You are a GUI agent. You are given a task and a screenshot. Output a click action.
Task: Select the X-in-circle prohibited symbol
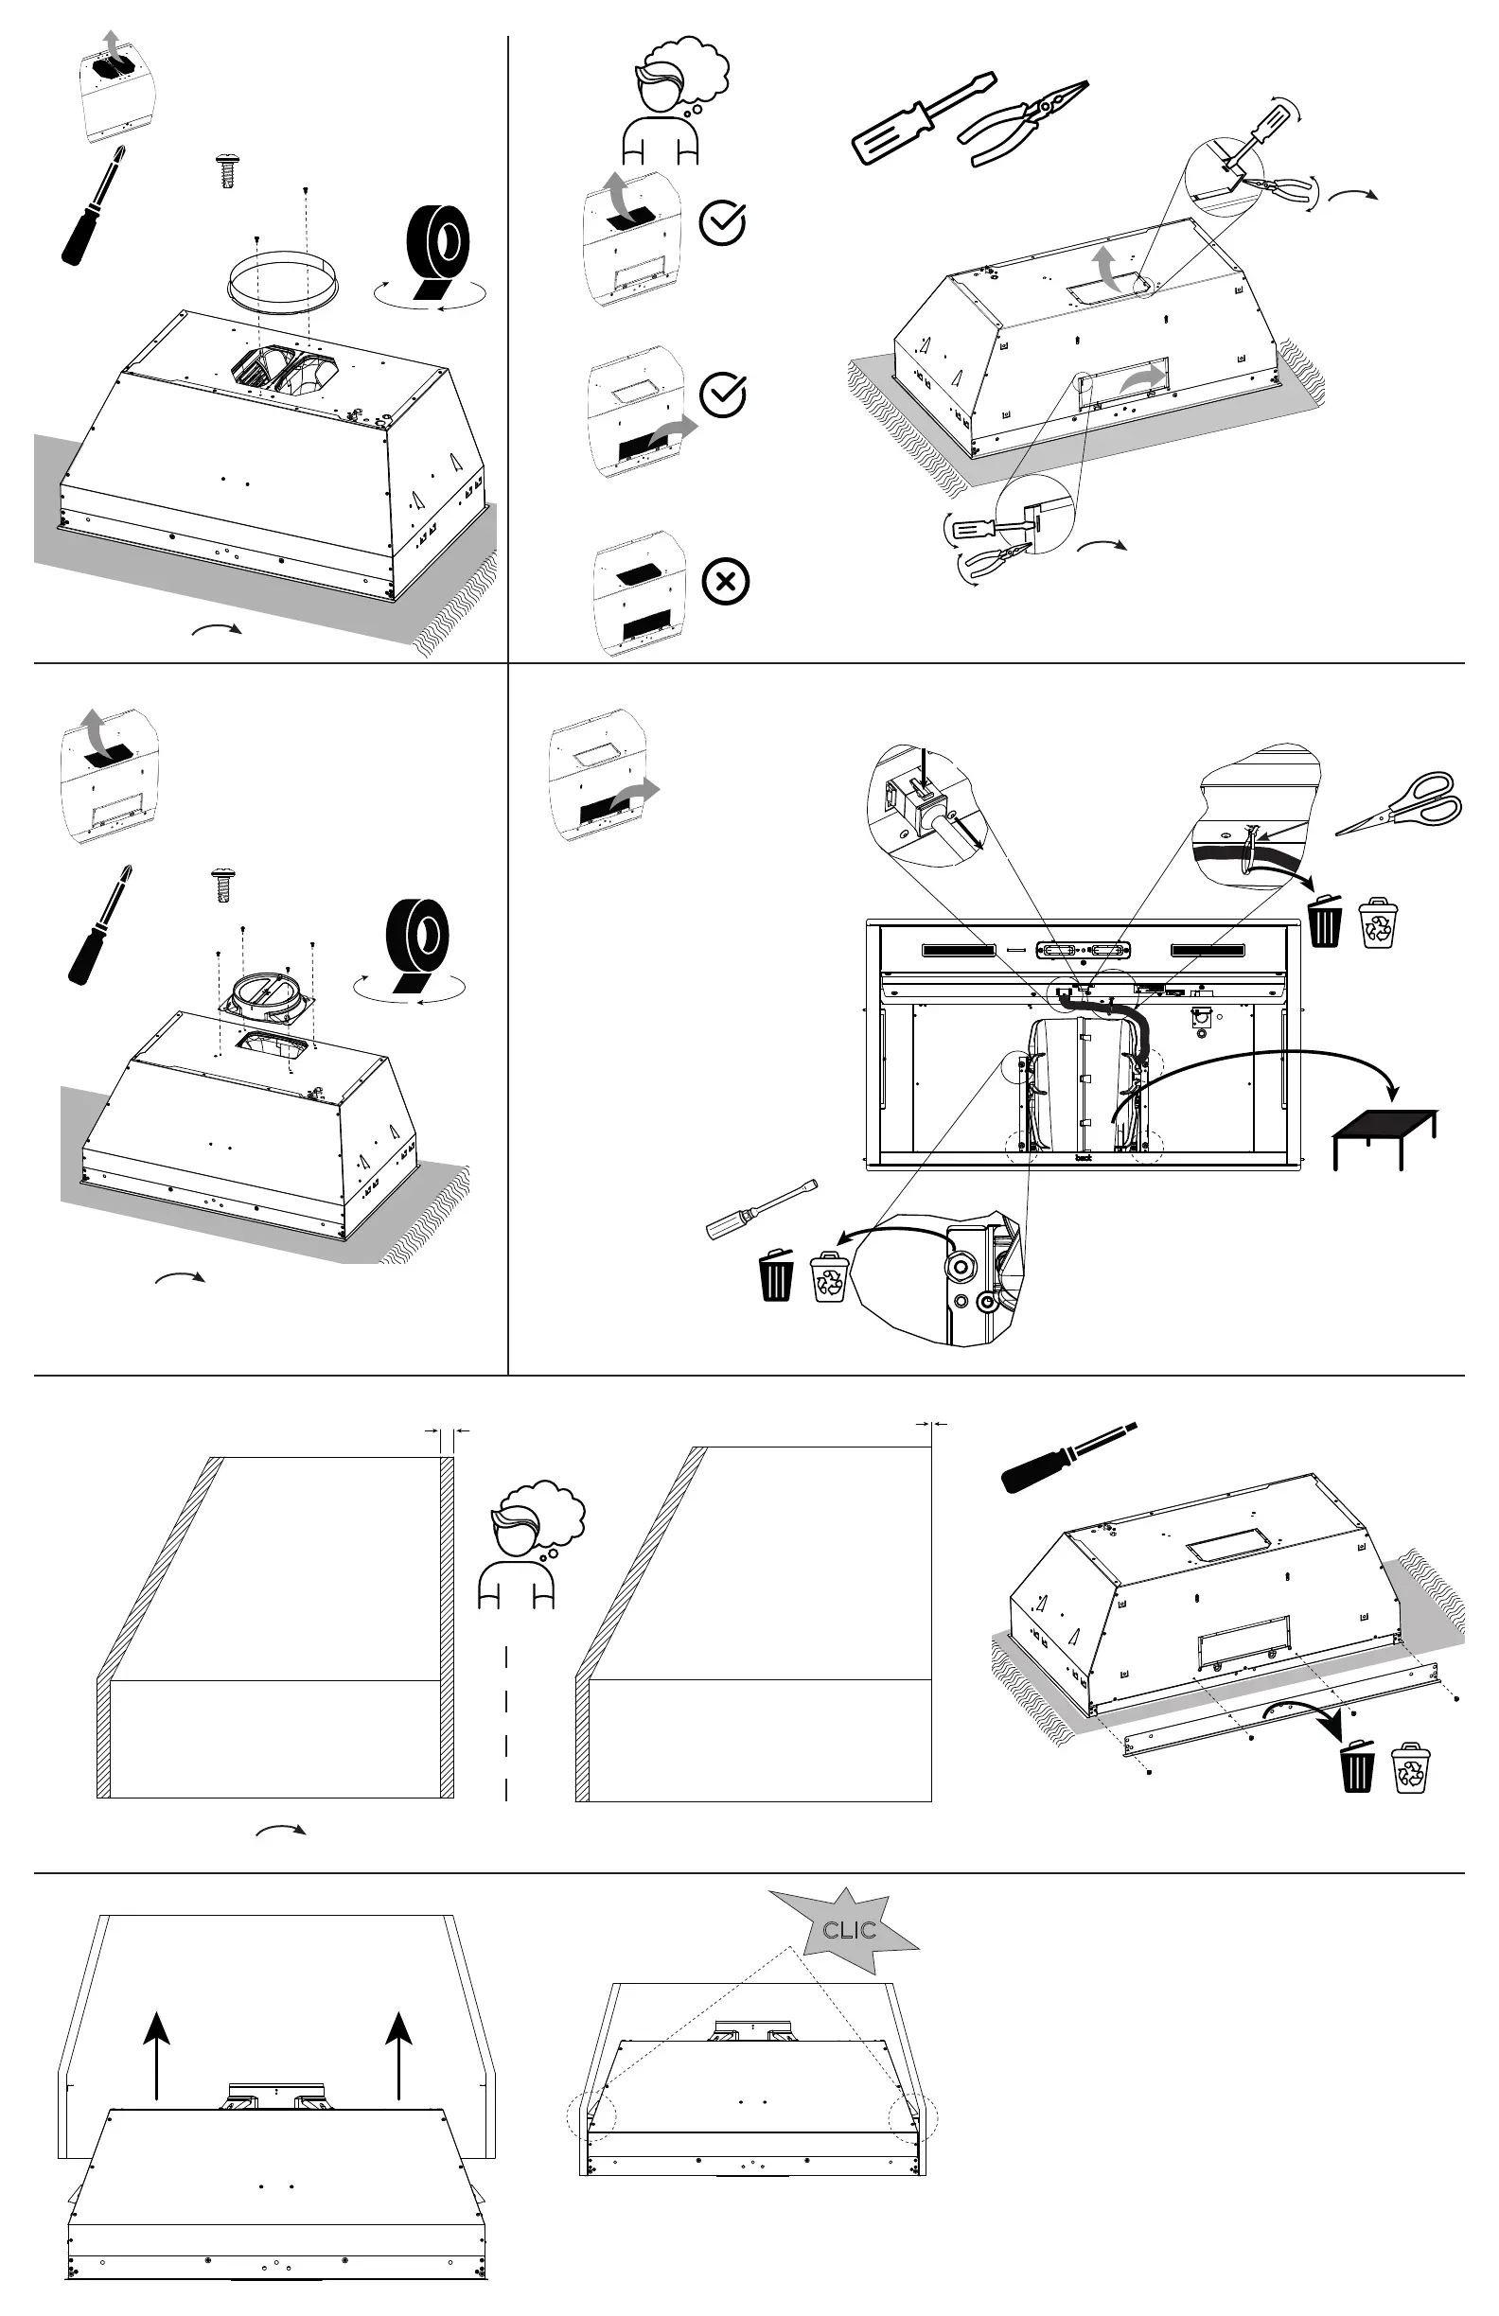[725, 582]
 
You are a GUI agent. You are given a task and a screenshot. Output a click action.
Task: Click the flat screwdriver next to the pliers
[922, 116]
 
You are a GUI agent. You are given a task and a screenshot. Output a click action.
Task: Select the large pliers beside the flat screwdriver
[1022, 122]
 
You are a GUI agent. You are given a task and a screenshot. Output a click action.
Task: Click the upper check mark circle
[722, 223]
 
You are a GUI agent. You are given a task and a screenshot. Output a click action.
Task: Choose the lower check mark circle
[722, 395]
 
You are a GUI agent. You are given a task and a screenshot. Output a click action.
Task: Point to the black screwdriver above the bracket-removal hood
[1067, 1457]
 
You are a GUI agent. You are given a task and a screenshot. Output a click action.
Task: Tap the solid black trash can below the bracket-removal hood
[1355, 1765]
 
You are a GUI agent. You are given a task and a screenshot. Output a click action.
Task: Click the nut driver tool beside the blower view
[760, 1210]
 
